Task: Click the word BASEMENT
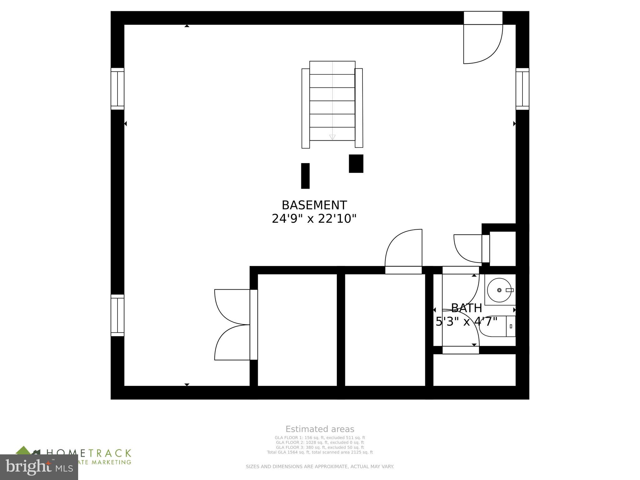pos(314,205)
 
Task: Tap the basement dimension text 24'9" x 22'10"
pos(314,219)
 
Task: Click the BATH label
pos(466,308)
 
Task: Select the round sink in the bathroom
pos(499,290)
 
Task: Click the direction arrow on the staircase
pos(332,137)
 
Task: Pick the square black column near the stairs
pos(356,163)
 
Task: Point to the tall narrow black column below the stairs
pos(305,176)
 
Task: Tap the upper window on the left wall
pos(117,89)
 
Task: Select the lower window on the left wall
pos(117,315)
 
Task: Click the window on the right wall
pos(522,89)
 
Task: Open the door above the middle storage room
pos(404,250)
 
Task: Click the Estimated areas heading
pos(320,429)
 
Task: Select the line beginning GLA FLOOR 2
pos(320,442)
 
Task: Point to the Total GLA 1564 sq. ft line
pos(320,452)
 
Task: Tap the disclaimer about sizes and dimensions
pos(320,467)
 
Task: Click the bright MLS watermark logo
pos(39,467)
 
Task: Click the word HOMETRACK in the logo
pos(89,453)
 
